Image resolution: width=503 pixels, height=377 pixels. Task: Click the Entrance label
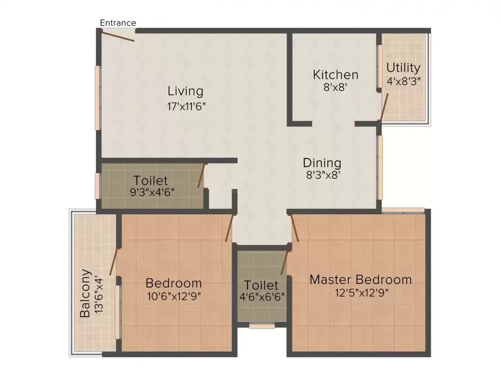tap(118, 23)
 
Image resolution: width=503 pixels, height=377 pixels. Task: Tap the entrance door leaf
tap(118, 36)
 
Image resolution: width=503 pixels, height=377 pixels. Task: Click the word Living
tap(186, 91)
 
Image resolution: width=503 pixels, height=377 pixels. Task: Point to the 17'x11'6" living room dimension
tap(186, 106)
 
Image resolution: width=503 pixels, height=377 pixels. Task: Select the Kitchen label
tap(336, 75)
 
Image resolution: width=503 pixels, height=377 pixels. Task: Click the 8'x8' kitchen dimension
tap(336, 87)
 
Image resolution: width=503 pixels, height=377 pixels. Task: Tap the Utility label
tap(403, 68)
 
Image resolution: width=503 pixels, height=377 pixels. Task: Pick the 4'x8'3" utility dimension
tap(404, 81)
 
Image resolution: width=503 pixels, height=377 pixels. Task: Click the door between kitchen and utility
tap(384, 107)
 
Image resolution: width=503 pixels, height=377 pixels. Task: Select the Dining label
tap(322, 163)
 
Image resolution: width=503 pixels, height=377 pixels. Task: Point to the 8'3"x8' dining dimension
tap(323, 175)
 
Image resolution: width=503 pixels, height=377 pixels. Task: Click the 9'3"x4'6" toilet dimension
tap(152, 192)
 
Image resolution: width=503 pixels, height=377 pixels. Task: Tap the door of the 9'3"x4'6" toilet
tap(201, 175)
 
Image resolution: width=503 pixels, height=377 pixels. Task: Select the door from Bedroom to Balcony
tap(113, 261)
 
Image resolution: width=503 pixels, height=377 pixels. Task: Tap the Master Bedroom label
tap(361, 279)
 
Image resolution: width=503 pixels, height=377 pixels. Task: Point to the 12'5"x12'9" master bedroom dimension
tap(362, 292)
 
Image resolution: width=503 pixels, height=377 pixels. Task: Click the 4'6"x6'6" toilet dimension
tap(262, 297)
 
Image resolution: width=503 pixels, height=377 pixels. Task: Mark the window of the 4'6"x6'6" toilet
tap(262, 326)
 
